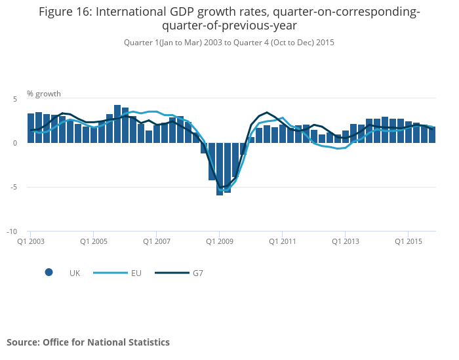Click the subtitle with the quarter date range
(x=229, y=43)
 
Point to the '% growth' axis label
(x=44, y=94)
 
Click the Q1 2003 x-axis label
(x=31, y=241)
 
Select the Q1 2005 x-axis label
(x=93, y=241)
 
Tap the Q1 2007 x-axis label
(x=156, y=241)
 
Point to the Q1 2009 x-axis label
(x=219, y=241)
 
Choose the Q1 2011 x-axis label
(x=282, y=241)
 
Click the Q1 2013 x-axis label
(x=345, y=241)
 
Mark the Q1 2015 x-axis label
(x=408, y=241)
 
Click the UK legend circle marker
(x=49, y=273)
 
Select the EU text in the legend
(x=136, y=273)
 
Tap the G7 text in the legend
(x=198, y=273)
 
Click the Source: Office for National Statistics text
(x=88, y=342)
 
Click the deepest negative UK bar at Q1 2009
(x=220, y=169)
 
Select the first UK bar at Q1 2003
(x=31, y=129)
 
